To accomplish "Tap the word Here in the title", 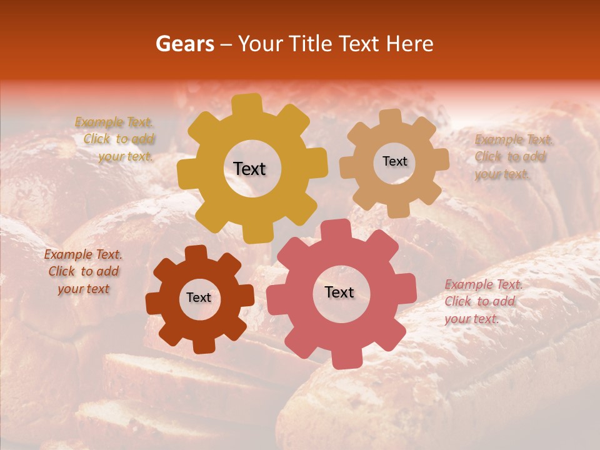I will (409, 44).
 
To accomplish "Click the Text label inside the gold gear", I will (249, 169).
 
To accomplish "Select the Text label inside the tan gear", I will (394, 161).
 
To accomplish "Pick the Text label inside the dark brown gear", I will (199, 297).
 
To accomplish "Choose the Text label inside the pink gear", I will (339, 292).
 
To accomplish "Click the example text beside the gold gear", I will (115, 139).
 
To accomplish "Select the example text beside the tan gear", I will (509, 156).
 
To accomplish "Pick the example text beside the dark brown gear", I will (83, 271).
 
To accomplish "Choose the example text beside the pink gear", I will (482, 301).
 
